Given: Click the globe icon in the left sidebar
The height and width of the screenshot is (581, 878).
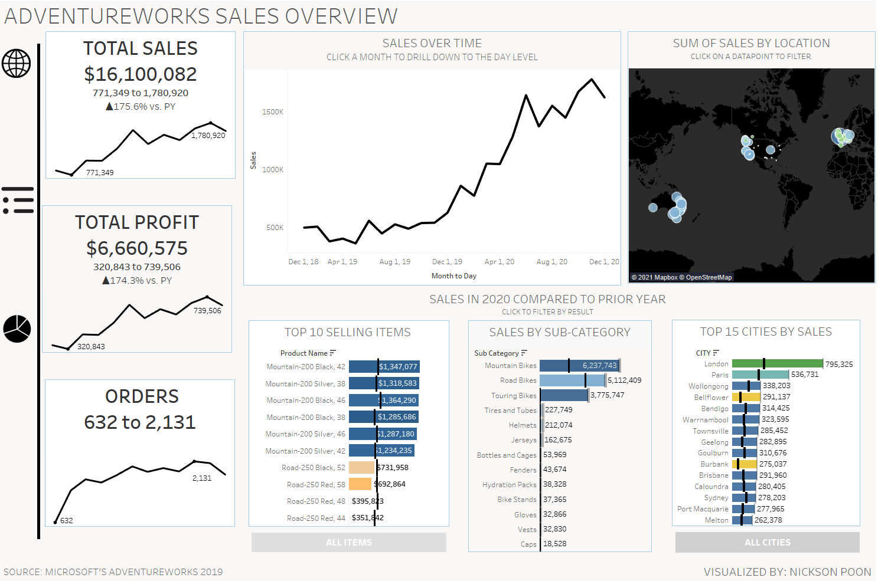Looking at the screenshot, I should pyautogui.click(x=16, y=63).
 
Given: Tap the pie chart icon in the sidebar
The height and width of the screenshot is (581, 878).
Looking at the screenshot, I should pyautogui.click(x=17, y=329).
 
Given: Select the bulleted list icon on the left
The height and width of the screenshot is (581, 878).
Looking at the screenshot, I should pyautogui.click(x=18, y=201).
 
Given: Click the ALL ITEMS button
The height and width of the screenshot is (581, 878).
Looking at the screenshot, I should pyautogui.click(x=348, y=543).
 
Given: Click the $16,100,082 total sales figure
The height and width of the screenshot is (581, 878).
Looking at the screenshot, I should pyautogui.click(x=141, y=74).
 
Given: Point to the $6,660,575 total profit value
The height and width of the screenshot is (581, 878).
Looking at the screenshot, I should pyautogui.click(x=137, y=248).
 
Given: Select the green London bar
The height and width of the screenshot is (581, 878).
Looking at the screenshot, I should pyautogui.click(x=777, y=364).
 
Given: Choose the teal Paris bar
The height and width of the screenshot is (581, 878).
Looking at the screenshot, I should pyautogui.click(x=760, y=375).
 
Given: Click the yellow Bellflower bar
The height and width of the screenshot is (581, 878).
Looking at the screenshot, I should pyautogui.click(x=746, y=397).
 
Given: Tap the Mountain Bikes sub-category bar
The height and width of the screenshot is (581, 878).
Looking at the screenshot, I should pyautogui.click(x=579, y=366).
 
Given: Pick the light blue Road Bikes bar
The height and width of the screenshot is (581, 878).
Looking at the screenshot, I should pyautogui.click(x=572, y=380).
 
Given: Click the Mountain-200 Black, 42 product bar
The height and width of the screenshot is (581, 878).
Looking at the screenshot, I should pyautogui.click(x=384, y=366).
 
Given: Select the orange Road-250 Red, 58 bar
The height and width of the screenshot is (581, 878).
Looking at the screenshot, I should pyautogui.click(x=360, y=484).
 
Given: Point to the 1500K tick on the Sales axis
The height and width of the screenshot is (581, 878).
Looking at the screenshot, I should pyautogui.click(x=273, y=112).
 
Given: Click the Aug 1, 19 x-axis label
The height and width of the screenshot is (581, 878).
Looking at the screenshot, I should pyautogui.click(x=394, y=262).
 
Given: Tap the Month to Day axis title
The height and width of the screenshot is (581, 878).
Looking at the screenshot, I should pyautogui.click(x=453, y=276).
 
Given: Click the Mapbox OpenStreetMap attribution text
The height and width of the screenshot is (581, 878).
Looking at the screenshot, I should pyautogui.click(x=681, y=277).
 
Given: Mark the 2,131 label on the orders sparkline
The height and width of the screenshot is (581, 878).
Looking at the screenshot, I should pyautogui.click(x=202, y=478).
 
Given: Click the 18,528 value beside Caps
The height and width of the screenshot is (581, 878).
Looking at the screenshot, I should pyautogui.click(x=554, y=544).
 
